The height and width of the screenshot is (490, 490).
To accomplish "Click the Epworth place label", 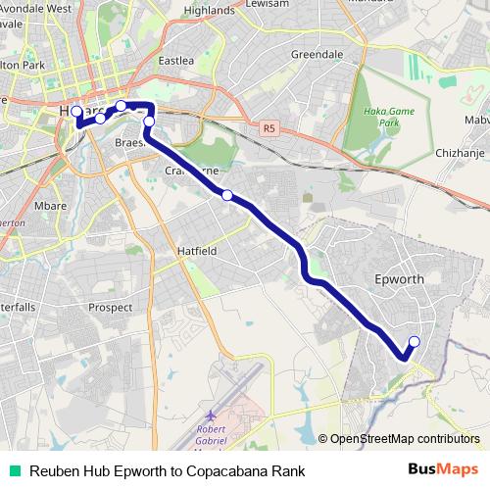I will [400, 279].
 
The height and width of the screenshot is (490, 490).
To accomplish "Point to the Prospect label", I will [110, 307].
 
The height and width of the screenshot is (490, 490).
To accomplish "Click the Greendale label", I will [317, 54].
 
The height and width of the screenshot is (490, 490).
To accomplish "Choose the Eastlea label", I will [176, 61].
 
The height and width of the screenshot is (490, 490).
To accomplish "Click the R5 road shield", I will [269, 125].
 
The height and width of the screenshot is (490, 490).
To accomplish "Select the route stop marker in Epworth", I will [414, 341].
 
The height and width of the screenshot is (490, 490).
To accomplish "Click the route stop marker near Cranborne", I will [227, 195].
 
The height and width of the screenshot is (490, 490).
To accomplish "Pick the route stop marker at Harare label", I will [76, 112].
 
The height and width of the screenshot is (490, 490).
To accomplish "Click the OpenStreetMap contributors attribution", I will [404, 438].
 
